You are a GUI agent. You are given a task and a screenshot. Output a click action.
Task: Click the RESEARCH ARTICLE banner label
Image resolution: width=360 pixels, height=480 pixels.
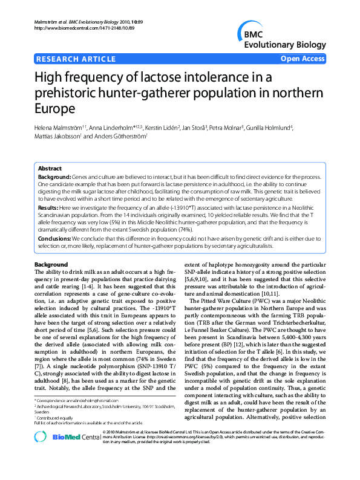point(76,59)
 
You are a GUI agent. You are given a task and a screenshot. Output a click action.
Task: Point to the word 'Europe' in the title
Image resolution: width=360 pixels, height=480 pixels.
point(57,109)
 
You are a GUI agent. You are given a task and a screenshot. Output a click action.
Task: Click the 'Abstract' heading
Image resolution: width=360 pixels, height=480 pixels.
point(50,169)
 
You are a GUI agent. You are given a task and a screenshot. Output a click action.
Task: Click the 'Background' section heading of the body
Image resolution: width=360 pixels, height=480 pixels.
point(51,265)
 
